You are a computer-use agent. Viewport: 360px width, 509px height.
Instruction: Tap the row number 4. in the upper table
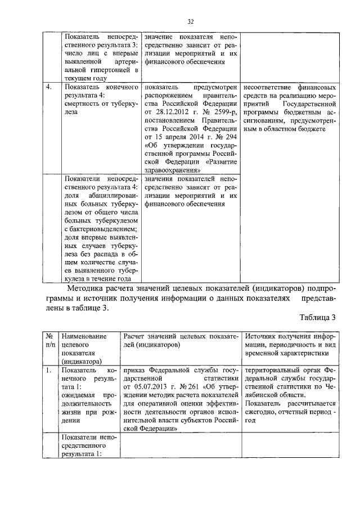[x=49, y=88]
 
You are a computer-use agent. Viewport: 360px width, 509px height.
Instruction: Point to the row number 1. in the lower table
[x=49, y=371]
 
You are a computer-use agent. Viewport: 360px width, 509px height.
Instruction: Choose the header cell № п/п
[x=49, y=340]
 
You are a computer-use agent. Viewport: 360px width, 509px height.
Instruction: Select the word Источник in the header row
[x=263, y=336]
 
